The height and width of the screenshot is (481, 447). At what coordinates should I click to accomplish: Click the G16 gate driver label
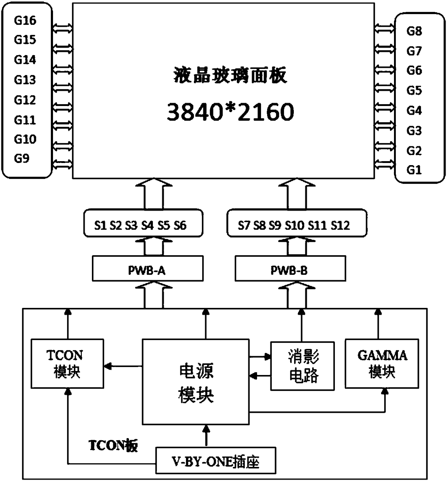point(25,21)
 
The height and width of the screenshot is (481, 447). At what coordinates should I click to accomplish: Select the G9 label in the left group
point(22,158)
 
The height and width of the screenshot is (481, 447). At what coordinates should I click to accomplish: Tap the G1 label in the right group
point(414,170)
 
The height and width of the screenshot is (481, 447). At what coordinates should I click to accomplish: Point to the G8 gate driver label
point(414,31)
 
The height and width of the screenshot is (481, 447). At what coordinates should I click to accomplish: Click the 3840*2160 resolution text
point(231,112)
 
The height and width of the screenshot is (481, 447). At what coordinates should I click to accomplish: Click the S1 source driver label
point(101,226)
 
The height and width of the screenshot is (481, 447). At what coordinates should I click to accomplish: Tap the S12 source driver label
point(340,226)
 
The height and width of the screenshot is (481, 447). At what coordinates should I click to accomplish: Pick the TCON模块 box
point(67,363)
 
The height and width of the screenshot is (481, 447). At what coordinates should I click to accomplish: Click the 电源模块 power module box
point(196,382)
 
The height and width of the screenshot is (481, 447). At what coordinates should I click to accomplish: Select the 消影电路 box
point(302,366)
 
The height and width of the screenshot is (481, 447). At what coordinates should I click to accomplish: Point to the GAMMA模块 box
point(382,363)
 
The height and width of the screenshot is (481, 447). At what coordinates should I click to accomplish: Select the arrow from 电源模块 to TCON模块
point(123,366)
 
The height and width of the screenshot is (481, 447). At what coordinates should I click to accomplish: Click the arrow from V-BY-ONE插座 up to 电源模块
point(206,436)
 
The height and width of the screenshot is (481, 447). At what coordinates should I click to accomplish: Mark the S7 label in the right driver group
point(244,226)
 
